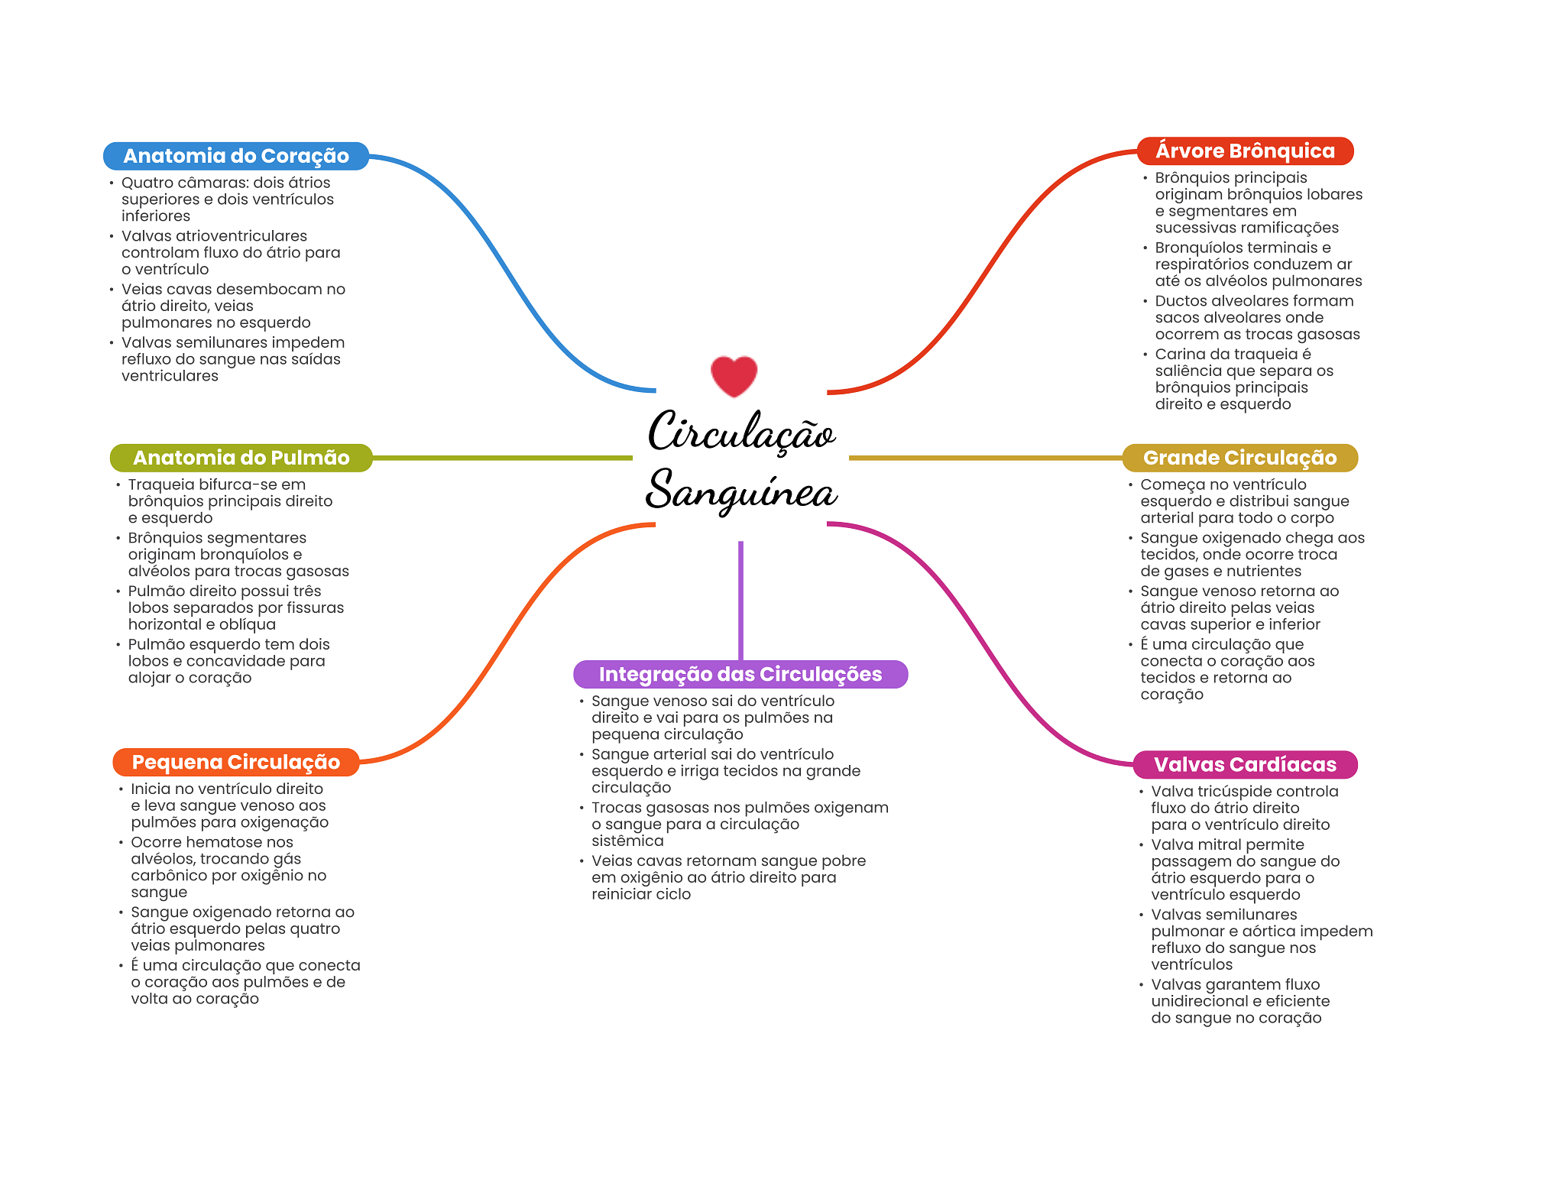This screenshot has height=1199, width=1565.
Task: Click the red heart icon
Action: pos(734,376)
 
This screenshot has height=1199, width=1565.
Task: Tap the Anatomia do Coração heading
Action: pos(236,156)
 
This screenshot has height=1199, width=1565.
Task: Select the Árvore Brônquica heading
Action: pos(1245,151)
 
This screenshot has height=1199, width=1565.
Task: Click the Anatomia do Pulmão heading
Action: pos(241,458)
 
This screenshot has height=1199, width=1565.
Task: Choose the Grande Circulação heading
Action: pos(1239,458)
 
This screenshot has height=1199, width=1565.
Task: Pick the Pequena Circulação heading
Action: pos(236,762)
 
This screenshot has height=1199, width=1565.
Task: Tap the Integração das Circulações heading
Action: pos(740,674)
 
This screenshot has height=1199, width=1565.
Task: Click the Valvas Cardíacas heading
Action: pos(1245,764)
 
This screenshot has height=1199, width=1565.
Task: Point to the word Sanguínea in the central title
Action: pos(741,491)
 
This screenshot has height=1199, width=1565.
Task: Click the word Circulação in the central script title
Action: pos(741,433)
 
